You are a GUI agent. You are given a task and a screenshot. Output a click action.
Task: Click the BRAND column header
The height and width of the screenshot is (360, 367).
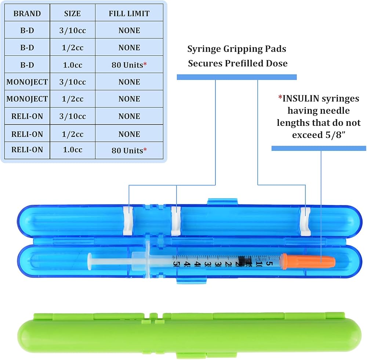pos(27,13)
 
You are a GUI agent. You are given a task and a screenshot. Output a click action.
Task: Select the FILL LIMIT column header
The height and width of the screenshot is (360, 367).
pos(129,13)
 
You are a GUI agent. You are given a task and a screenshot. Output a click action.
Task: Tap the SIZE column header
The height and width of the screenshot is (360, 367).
pos(72,13)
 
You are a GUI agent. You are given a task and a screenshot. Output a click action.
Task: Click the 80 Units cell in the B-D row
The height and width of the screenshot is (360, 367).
pos(129,65)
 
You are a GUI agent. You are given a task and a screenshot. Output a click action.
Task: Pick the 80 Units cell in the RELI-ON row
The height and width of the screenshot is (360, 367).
pos(129,150)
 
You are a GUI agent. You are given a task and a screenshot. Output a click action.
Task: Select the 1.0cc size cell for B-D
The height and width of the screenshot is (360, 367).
pos(73,65)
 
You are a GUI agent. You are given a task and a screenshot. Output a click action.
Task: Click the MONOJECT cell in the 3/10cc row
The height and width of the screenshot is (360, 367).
pos(27,82)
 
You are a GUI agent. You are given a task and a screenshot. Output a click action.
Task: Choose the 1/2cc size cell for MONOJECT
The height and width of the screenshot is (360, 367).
pos(73,99)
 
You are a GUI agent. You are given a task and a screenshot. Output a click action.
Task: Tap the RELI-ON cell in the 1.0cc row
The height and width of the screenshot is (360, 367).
pos(27,150)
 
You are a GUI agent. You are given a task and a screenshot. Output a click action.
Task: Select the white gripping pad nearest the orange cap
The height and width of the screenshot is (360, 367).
pos(305,221)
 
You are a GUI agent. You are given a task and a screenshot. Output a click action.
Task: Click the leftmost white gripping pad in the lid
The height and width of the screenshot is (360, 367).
pos(128,221)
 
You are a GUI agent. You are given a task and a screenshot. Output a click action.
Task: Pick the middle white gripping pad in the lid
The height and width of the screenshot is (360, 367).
pos(176,221)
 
